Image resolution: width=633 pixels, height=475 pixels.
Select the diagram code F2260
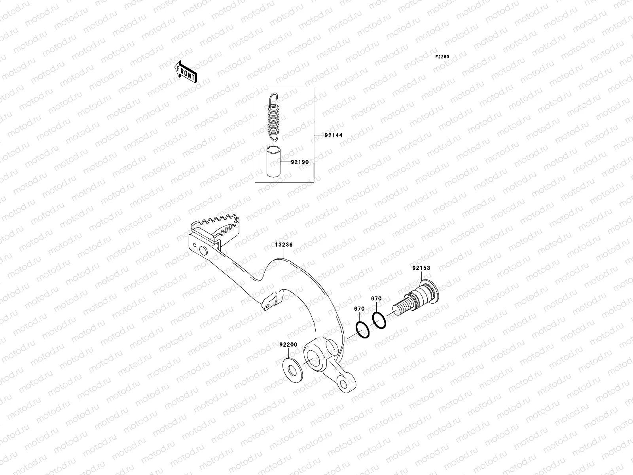click(x=442, y=57)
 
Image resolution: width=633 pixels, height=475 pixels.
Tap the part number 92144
click(x=333, y=135)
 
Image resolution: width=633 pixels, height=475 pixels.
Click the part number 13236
click(x=284, y=245)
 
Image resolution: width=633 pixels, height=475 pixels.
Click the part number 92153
click(x=421, y=268)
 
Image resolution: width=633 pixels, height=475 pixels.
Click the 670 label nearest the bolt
click(x=376, y=299)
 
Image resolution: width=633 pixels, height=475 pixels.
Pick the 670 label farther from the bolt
click(x=359, y=309)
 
